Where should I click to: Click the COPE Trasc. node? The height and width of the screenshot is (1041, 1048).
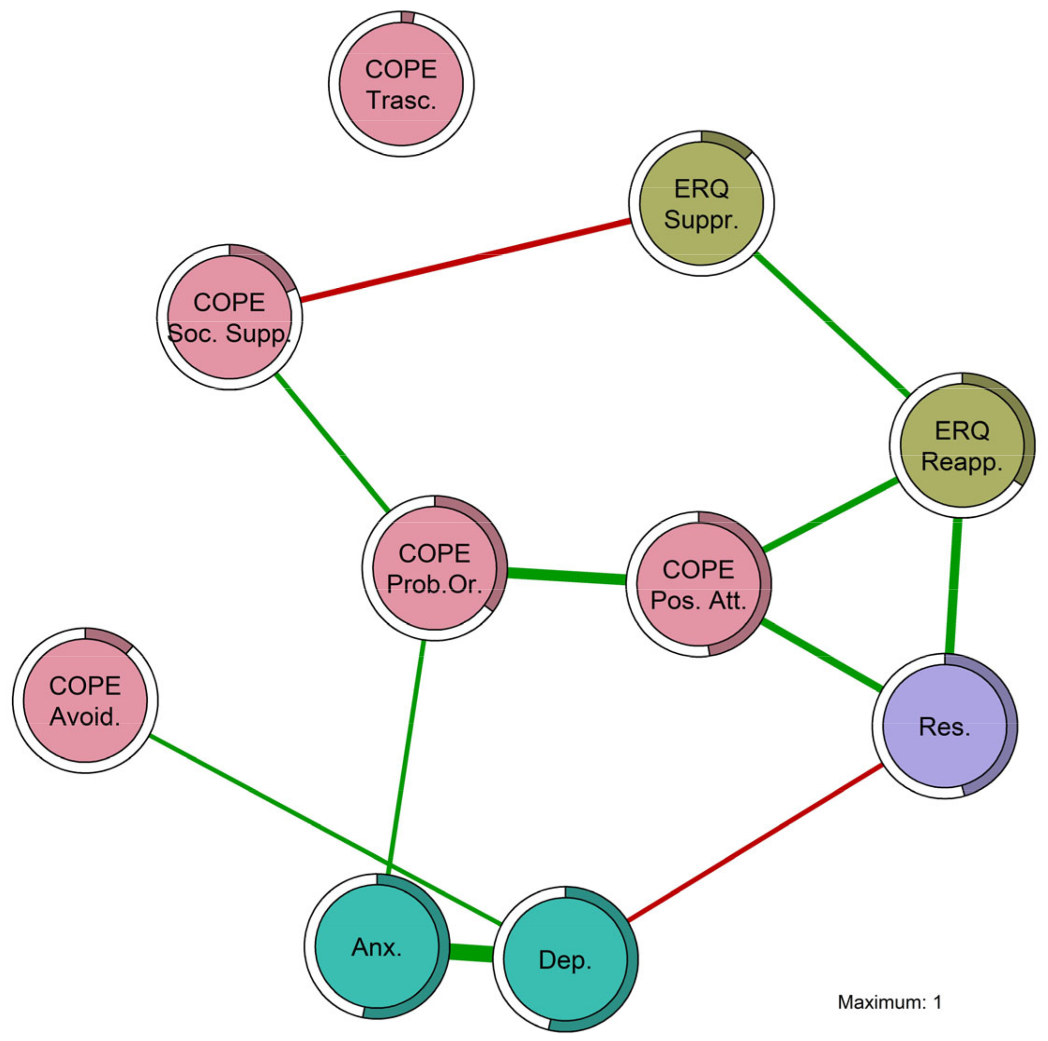(x=401, y=84)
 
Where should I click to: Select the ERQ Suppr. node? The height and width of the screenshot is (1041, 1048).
(x=701, y=204)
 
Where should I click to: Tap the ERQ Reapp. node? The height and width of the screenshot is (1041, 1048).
(x=962, y=445)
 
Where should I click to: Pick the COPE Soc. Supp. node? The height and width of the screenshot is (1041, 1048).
(x=229, y=317)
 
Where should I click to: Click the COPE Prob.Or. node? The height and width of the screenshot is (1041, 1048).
(x=435, y=568)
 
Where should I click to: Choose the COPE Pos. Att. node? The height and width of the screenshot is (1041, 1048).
(x=698, y=584)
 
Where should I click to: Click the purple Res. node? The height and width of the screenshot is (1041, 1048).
(x=944, y=726)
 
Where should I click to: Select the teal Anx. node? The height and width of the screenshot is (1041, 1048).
(x=377, y=947)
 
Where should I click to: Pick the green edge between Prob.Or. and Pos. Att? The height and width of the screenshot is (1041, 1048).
(x=566, y=576)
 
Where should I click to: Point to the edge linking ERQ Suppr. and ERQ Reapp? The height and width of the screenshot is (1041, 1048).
(x=831, y=324)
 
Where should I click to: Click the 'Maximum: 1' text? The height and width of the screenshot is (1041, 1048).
(x=890, y=1002)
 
